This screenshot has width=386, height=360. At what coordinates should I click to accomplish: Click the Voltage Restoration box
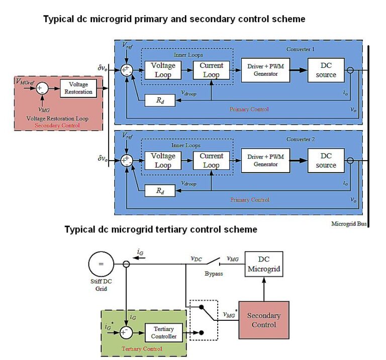point(78,88)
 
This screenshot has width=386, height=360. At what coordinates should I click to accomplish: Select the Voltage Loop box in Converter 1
point(163,70)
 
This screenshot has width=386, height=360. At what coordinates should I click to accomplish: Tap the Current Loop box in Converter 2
point(211,161)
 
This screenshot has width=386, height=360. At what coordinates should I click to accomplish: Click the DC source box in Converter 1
point(326,70)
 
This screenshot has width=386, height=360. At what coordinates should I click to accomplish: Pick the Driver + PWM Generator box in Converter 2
point(266,161)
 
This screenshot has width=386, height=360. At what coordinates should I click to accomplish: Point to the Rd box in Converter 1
point(159,100)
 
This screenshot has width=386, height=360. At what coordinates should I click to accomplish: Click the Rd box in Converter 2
point(159,191)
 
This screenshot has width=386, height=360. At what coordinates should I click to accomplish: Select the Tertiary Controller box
point(164,332)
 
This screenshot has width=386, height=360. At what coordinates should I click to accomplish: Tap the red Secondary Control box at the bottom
point(264,320)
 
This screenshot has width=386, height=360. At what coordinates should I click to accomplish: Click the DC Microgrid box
point(264,264)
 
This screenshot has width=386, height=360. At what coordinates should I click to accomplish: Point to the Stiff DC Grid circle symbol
point(101,264)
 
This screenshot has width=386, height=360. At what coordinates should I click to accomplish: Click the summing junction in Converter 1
point(126,70)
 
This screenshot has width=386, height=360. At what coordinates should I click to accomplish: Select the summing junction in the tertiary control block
point(126,332)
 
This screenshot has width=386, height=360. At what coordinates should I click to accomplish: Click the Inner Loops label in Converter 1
point(185,55)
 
